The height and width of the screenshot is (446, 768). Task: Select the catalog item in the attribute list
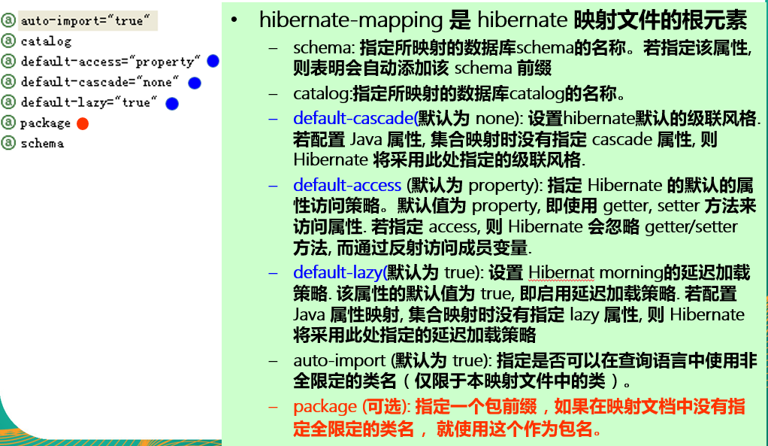[x=46, y=41]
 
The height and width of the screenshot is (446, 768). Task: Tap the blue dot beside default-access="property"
[x=213, y=61]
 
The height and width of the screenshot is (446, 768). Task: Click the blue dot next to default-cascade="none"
[x=195, y=82]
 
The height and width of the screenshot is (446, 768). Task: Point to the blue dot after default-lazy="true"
[x=172, y=102]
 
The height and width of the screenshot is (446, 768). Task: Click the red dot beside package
[x=83, y=123]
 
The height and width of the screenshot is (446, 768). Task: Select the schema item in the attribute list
[x=42, y=143]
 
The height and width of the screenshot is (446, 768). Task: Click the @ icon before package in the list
[x=9, y=123]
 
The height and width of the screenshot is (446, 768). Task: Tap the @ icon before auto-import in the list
[x=9, y=20]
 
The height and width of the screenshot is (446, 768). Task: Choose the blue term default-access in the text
[x=347, y=185]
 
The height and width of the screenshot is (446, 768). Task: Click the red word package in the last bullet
[x=325, y=407]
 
